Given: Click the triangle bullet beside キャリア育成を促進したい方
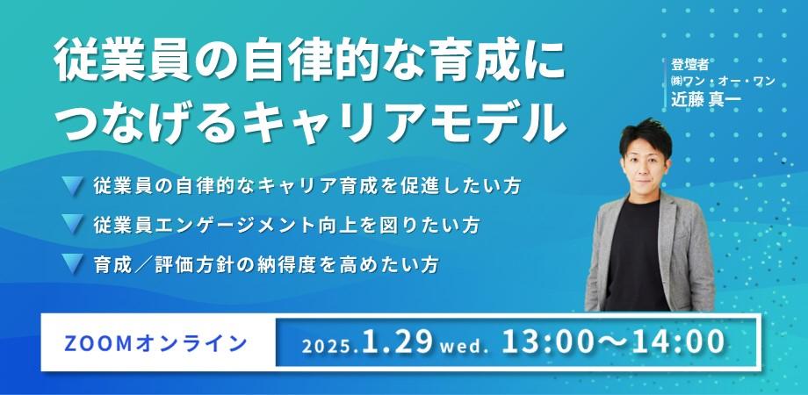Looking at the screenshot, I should click(x=73, y=185).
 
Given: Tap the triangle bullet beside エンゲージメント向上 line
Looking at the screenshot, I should click(x=73, y=224).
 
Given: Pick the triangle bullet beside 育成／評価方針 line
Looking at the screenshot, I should click(x=73, y=262).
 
